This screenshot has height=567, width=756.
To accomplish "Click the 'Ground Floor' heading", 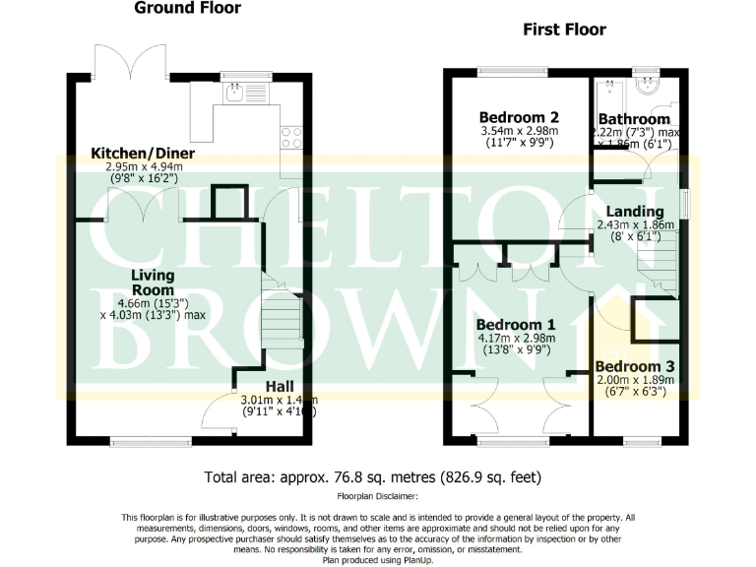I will pos(187,9).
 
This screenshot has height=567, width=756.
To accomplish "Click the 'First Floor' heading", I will pos(563,30).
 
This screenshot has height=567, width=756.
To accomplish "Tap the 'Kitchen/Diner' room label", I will pos(143,154).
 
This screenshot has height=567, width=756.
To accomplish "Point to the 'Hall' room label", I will pos(280,386).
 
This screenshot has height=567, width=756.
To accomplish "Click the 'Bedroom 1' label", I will pos(517,324).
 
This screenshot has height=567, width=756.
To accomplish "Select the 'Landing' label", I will pos(634,211).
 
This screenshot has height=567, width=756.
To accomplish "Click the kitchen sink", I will pos(234,94).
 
